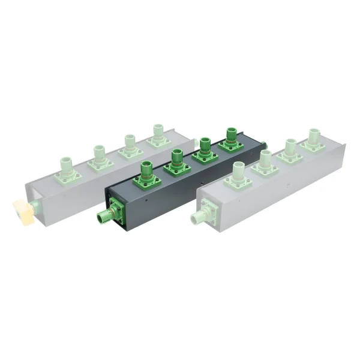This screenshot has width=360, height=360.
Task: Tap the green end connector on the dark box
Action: tap(106, 214)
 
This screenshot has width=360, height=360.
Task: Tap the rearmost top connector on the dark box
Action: tap(230, 140)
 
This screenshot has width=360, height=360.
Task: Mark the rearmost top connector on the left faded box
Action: tap(158, 136)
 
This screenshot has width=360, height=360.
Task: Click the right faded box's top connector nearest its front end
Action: tap(235, 174)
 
